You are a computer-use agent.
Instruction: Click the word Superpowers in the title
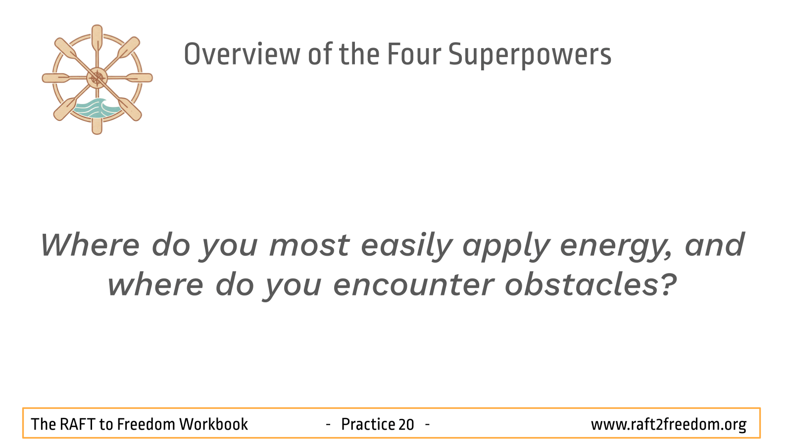530,55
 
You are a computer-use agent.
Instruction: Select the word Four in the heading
414,54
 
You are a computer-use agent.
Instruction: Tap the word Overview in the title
242,54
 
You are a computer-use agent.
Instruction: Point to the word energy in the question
616,246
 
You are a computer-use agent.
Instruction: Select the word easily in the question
406,245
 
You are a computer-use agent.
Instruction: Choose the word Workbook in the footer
213,424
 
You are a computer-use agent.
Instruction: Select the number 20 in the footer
406,425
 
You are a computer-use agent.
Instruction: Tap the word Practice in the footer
368,424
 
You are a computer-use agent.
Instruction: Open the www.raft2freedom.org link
669,425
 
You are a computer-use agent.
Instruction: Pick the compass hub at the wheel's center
97,78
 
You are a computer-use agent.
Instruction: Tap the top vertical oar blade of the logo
97,37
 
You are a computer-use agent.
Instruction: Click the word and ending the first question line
714,245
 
